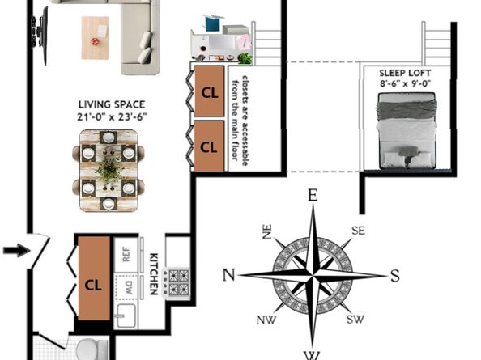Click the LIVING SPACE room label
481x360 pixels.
[112, 104]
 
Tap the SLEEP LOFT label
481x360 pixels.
[405, 74]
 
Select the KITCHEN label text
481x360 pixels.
[154, 274]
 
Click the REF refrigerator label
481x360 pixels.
[126, 254]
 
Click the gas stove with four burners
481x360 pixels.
[176, 282]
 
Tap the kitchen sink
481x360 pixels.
[126, 316]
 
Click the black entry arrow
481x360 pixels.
[16, 250]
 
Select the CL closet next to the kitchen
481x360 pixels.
[93, 278]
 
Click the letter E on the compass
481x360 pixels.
[313, 195]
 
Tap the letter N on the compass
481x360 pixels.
[228, 275]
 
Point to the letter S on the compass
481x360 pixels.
[395, 275]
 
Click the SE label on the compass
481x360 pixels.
[358, 231]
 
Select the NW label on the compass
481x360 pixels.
[266, 320]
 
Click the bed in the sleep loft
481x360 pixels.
[407, 130]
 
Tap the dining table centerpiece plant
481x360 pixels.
[109, 169]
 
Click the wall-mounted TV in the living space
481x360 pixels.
[40, 36]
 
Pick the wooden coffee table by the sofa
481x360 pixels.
[95, 38]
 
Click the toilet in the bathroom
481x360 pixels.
[92, 349]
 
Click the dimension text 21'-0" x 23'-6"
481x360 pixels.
[112, 116]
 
